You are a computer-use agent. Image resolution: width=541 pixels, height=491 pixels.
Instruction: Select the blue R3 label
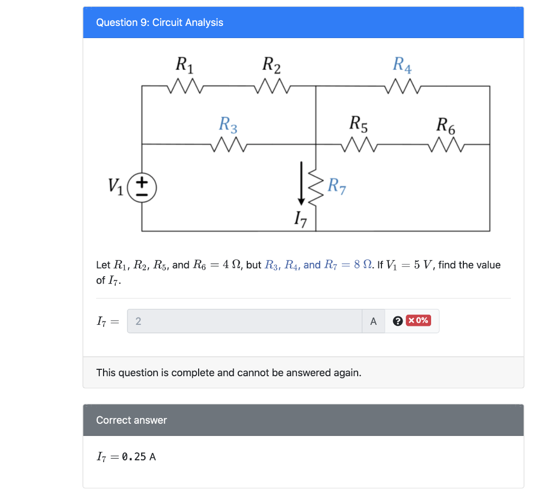[x=228, y=125]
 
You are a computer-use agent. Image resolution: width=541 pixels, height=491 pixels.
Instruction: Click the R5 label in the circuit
[x=359, y=125]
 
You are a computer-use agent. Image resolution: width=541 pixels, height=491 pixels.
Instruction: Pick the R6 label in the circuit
[x=446, y=125]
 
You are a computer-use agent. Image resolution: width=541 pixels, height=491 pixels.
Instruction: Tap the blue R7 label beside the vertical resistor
[x=337, y=186]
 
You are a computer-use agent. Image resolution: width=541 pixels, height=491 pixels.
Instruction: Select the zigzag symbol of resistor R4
[x=403, y=86]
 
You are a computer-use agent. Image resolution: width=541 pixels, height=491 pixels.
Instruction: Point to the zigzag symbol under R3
[x=229, y=144]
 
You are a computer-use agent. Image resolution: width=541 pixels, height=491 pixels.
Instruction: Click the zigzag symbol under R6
[x=446, y=144]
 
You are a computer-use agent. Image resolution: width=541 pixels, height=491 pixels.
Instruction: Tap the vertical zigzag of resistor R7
[x=315, y=188]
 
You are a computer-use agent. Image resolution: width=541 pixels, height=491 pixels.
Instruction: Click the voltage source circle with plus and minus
[x=142, y=187]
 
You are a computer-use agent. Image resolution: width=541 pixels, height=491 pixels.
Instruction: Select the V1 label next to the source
[x=116, y=186]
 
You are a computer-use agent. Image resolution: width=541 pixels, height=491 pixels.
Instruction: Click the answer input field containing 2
[x=245, y=321]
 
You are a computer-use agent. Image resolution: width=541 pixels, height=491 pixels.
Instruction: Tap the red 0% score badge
[x=418, y=321]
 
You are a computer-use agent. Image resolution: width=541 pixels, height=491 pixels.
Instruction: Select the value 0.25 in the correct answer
[x=134, y=457]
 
